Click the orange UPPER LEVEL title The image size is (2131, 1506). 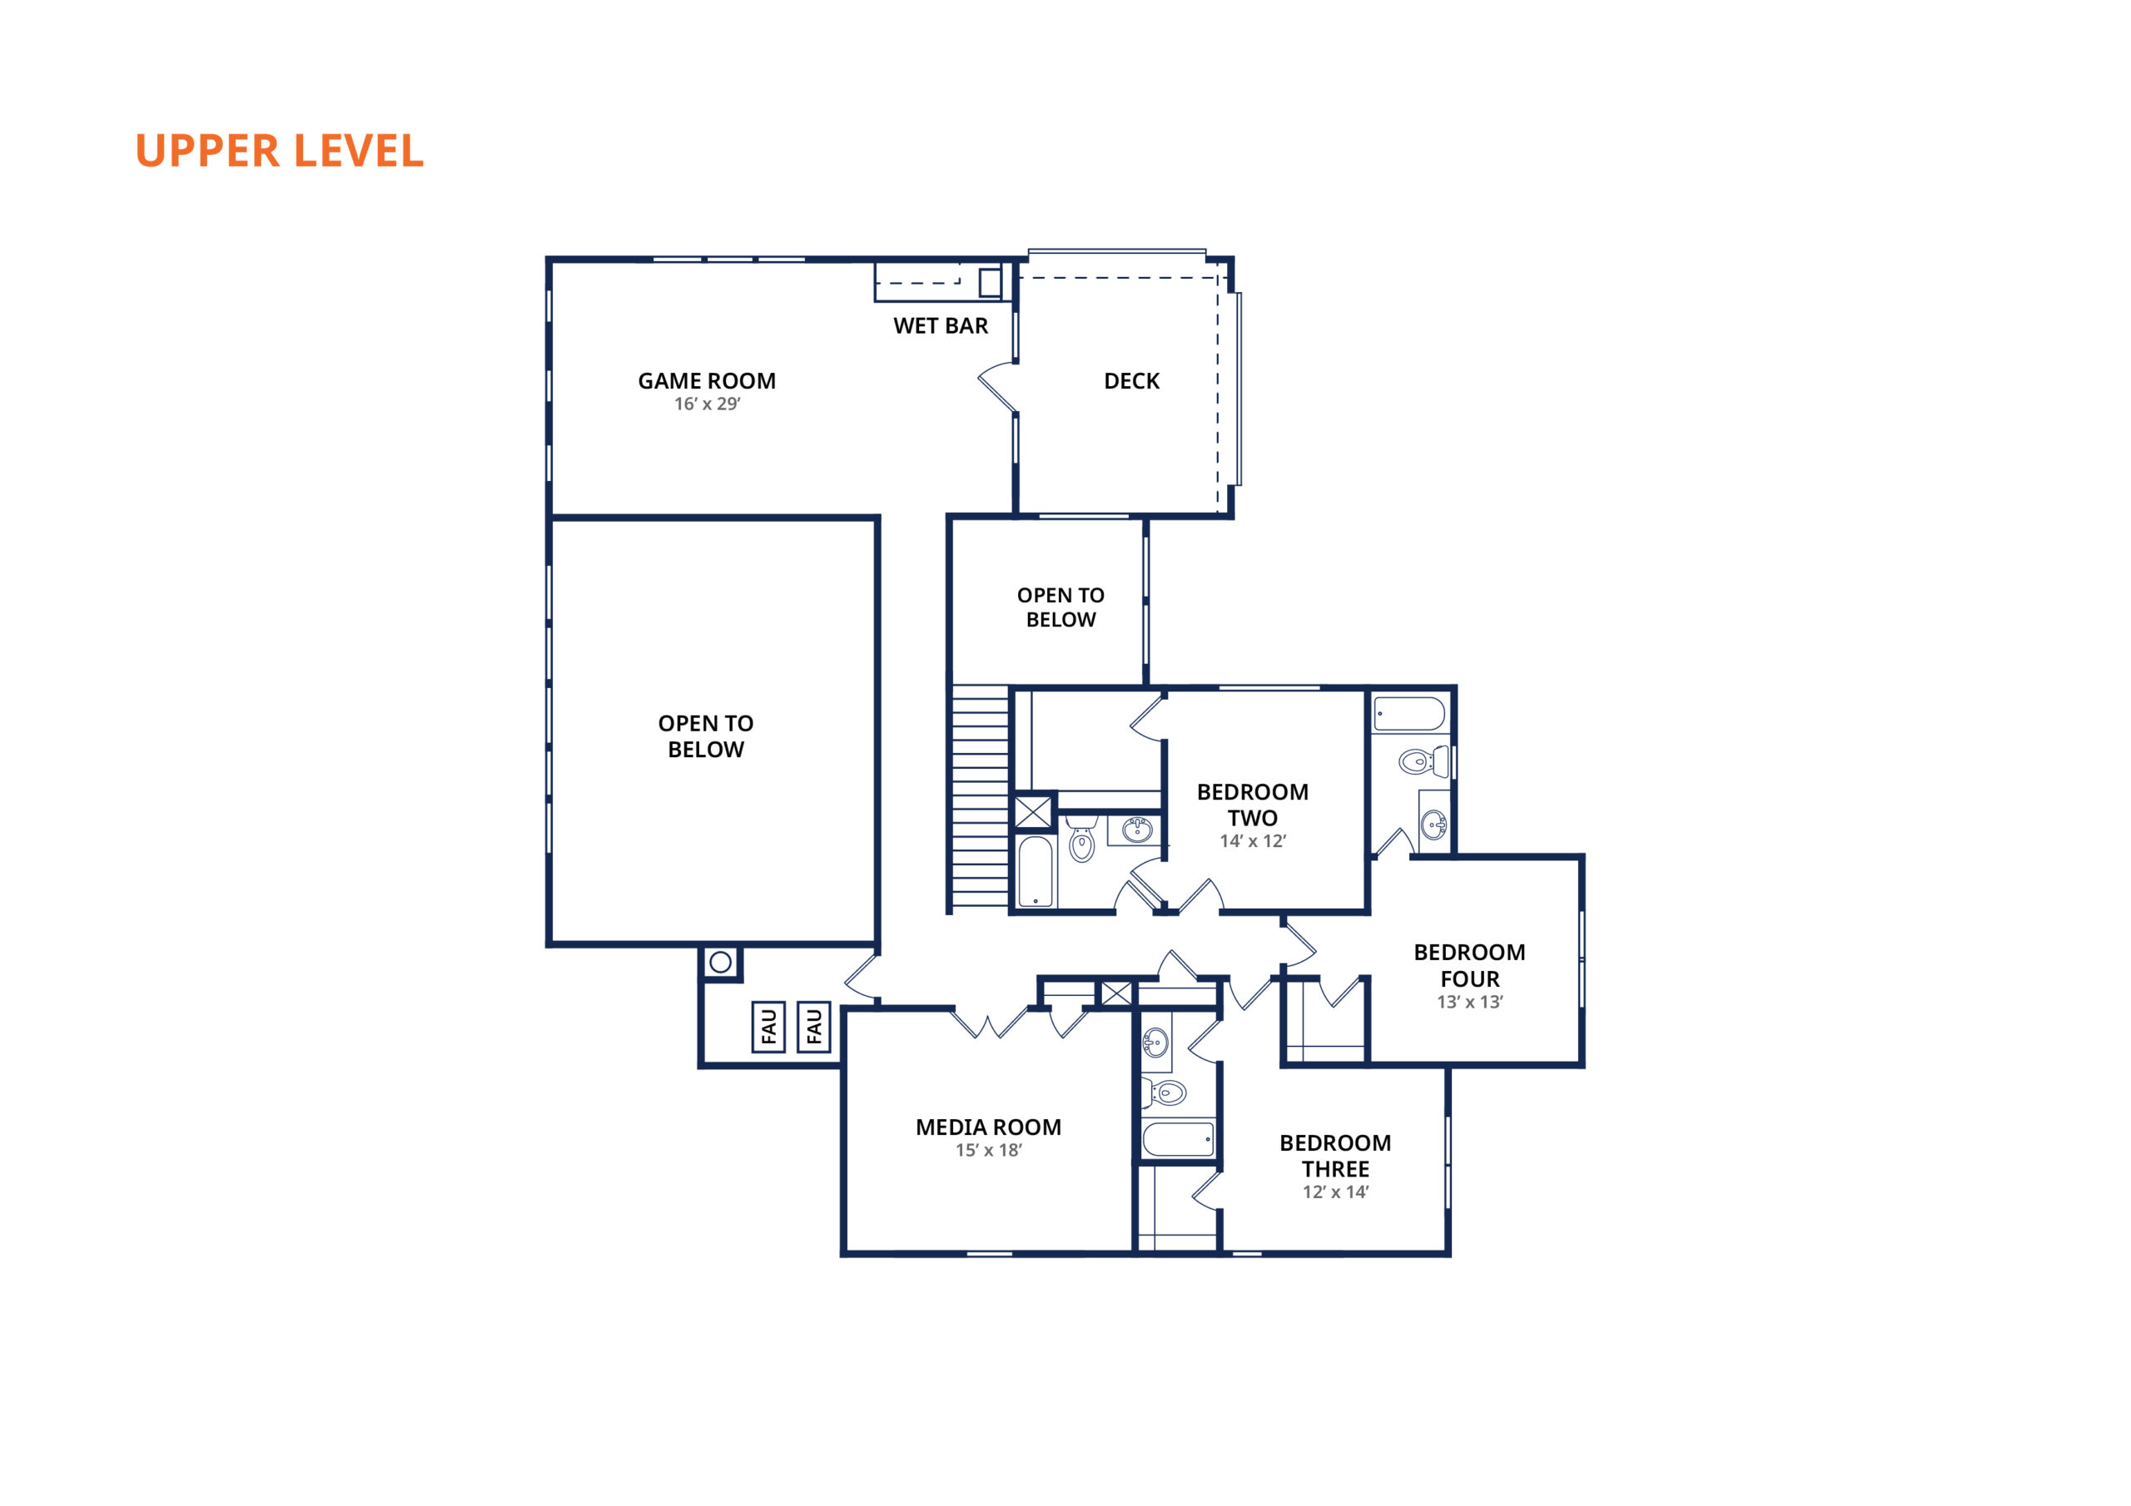(280, 151)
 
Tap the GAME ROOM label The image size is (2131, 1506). (707, 381)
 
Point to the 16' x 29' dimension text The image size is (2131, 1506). (708, 404)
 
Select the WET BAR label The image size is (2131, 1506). (940, 325)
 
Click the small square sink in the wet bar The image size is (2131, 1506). (991, 282)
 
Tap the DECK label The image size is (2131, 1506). (1131, 381)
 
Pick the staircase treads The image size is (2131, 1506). (980, 796)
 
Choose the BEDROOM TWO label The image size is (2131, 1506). (1252, 805)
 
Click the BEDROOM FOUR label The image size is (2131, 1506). (1469, 965)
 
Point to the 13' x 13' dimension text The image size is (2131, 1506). (1469, 1002)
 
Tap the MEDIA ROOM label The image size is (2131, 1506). (988, 1127)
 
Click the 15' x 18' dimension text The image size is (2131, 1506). (988, 1151)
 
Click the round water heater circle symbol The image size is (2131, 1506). (720, 962)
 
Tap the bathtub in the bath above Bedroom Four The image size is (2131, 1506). (1409, 715)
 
